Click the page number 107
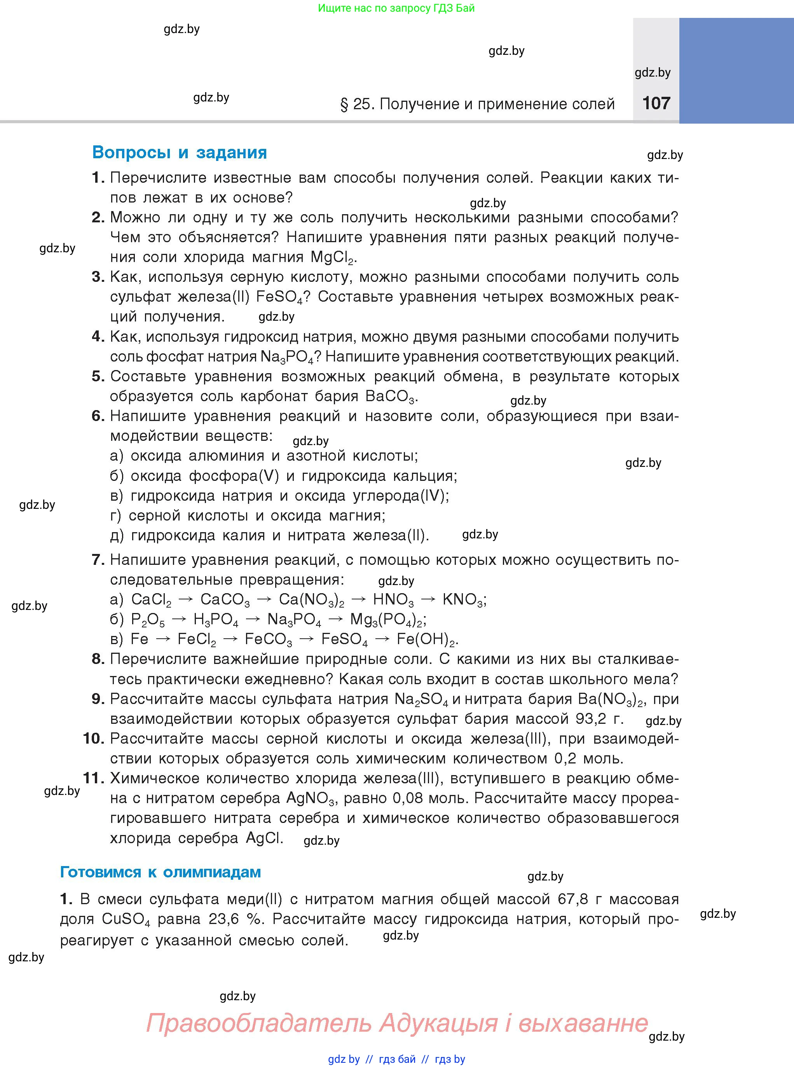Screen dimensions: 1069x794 (x=656, y=103)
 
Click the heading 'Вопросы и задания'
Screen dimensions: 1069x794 (x=179, y=152)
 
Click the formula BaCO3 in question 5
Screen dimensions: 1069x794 (x=390, y=397)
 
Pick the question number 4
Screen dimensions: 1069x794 (x=98, y=337)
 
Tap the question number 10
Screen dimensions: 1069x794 (x=94, y=738)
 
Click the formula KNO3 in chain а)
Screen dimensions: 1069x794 (x=463, y=599)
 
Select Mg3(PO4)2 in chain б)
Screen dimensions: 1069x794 (x=387, y=620)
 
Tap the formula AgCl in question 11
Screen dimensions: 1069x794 (x=264, y=838)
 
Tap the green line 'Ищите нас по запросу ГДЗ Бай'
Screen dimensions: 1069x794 (x=396, y=8)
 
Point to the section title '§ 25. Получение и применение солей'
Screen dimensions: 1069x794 (x=477, y=104)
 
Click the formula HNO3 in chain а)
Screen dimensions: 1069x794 (x=393, y=599)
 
